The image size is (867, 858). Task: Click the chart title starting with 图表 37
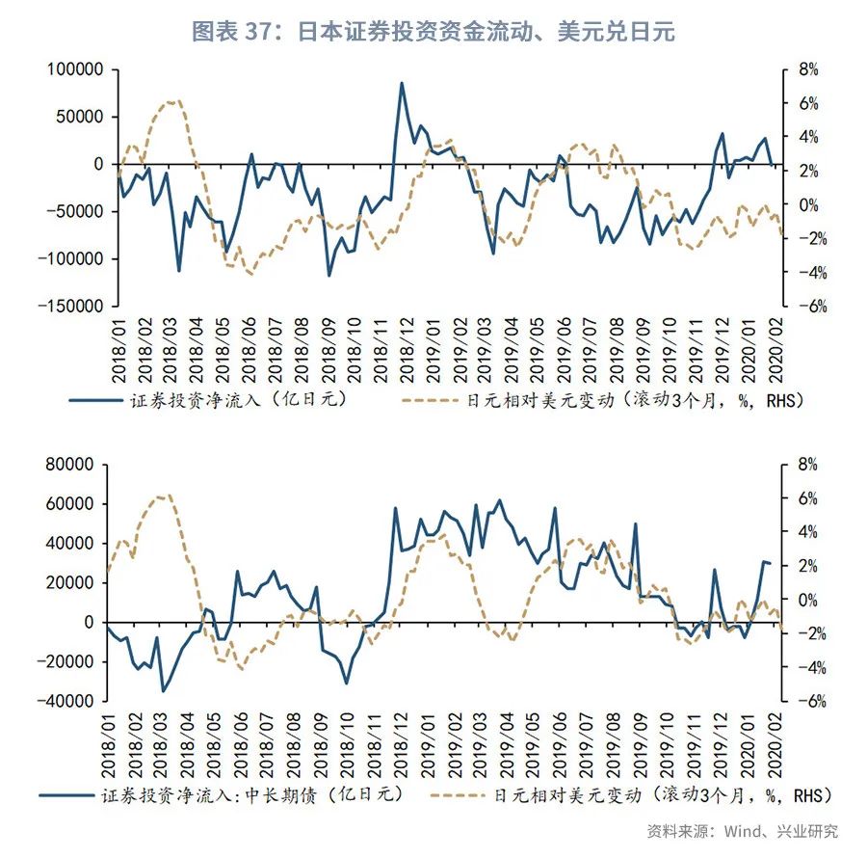coord(433,32)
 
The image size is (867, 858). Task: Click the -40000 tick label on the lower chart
coord(68,702)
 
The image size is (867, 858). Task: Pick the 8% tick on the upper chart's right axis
coord(806,70)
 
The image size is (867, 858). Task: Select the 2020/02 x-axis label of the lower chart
coord(775,745)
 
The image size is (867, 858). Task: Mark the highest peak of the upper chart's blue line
coord(402,83)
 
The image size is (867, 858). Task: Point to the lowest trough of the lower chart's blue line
coord(164,690)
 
